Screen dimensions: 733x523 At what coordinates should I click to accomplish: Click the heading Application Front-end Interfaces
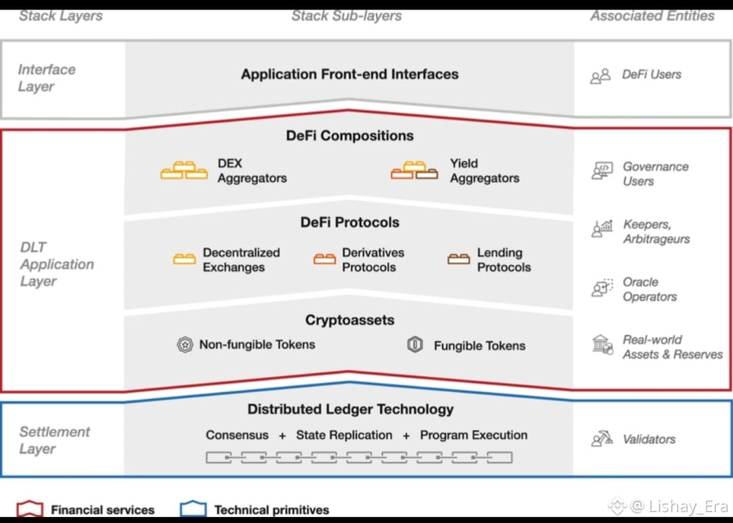pyautogui.click(x=350, y=74)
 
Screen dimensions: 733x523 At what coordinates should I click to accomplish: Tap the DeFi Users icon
pyautogui.click(x=600, y=76)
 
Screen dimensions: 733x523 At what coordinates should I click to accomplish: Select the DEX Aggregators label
pyautogui.click(x=252, y=170)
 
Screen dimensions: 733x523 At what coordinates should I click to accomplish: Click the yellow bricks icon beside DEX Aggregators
pyautogui.click(x=184, y=170)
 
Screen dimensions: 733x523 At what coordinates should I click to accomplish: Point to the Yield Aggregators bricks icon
pyautogui.click(x=414, y=170)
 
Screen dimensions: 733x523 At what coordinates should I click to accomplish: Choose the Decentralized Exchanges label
pyautogui.click(x=241, y=259)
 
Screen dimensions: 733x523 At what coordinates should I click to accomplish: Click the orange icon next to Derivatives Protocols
pyautogui.click(x=324, y=259)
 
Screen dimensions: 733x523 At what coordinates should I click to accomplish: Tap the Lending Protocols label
pyautogui.click(x=504, y=259)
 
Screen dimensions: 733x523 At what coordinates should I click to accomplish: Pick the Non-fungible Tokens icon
pyautogui.click(x=185, y=345)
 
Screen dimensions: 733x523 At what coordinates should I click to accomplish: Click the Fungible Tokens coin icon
pyautogui.click(x=415, y=345)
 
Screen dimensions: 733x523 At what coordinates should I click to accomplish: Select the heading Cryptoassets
pyautogui.click(x=350, y=320)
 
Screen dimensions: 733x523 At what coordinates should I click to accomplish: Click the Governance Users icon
pyautogui.click(x=602, y=172)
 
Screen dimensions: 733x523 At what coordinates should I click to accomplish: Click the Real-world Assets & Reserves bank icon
pyautogui.click(x=602, y=345)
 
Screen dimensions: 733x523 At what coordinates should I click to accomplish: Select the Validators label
pyautogui.click(x=649, y=439)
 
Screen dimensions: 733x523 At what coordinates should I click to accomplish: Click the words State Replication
pyautogui.click(x=344, y=435)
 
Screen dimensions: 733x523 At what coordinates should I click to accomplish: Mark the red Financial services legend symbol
pyautogui.click(x=31, y=509)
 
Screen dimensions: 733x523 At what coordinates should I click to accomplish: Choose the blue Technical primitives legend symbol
pyautogui.click(x=193, y=509)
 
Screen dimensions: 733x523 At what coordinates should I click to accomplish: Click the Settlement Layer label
pyautogui.click(x=54, y=440)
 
